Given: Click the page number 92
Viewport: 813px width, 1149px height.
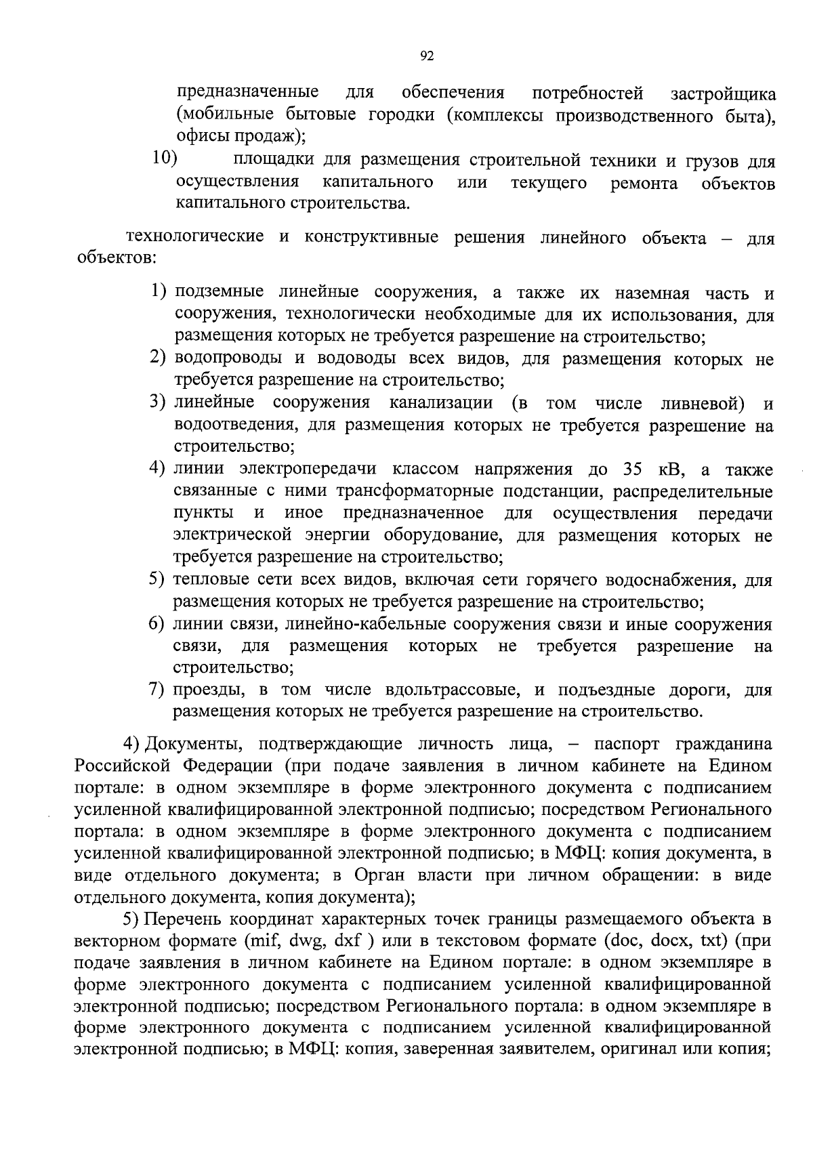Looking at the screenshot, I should coord(426,57).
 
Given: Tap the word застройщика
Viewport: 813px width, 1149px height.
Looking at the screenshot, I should coord(722,93).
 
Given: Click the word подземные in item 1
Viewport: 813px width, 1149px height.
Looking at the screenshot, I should coord(220,293).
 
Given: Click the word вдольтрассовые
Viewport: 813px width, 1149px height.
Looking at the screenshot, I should coord(455,690).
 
